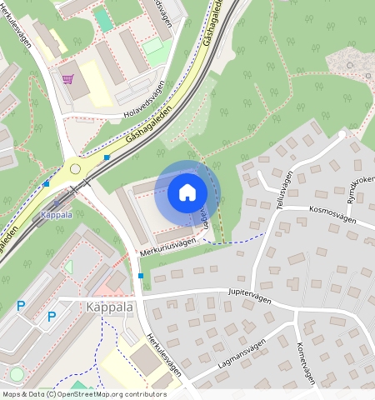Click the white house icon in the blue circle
tap(187, 192)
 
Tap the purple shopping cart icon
tap(67, 80)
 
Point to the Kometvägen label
tap(305, 362)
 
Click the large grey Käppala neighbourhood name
tap(109, 307)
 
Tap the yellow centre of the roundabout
tap(76, 168)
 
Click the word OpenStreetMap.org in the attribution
tap(102, 394)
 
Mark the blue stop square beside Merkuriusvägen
tap(141, 276)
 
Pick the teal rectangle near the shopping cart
tap(104, 19)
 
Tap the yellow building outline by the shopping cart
tap(94, 87)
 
